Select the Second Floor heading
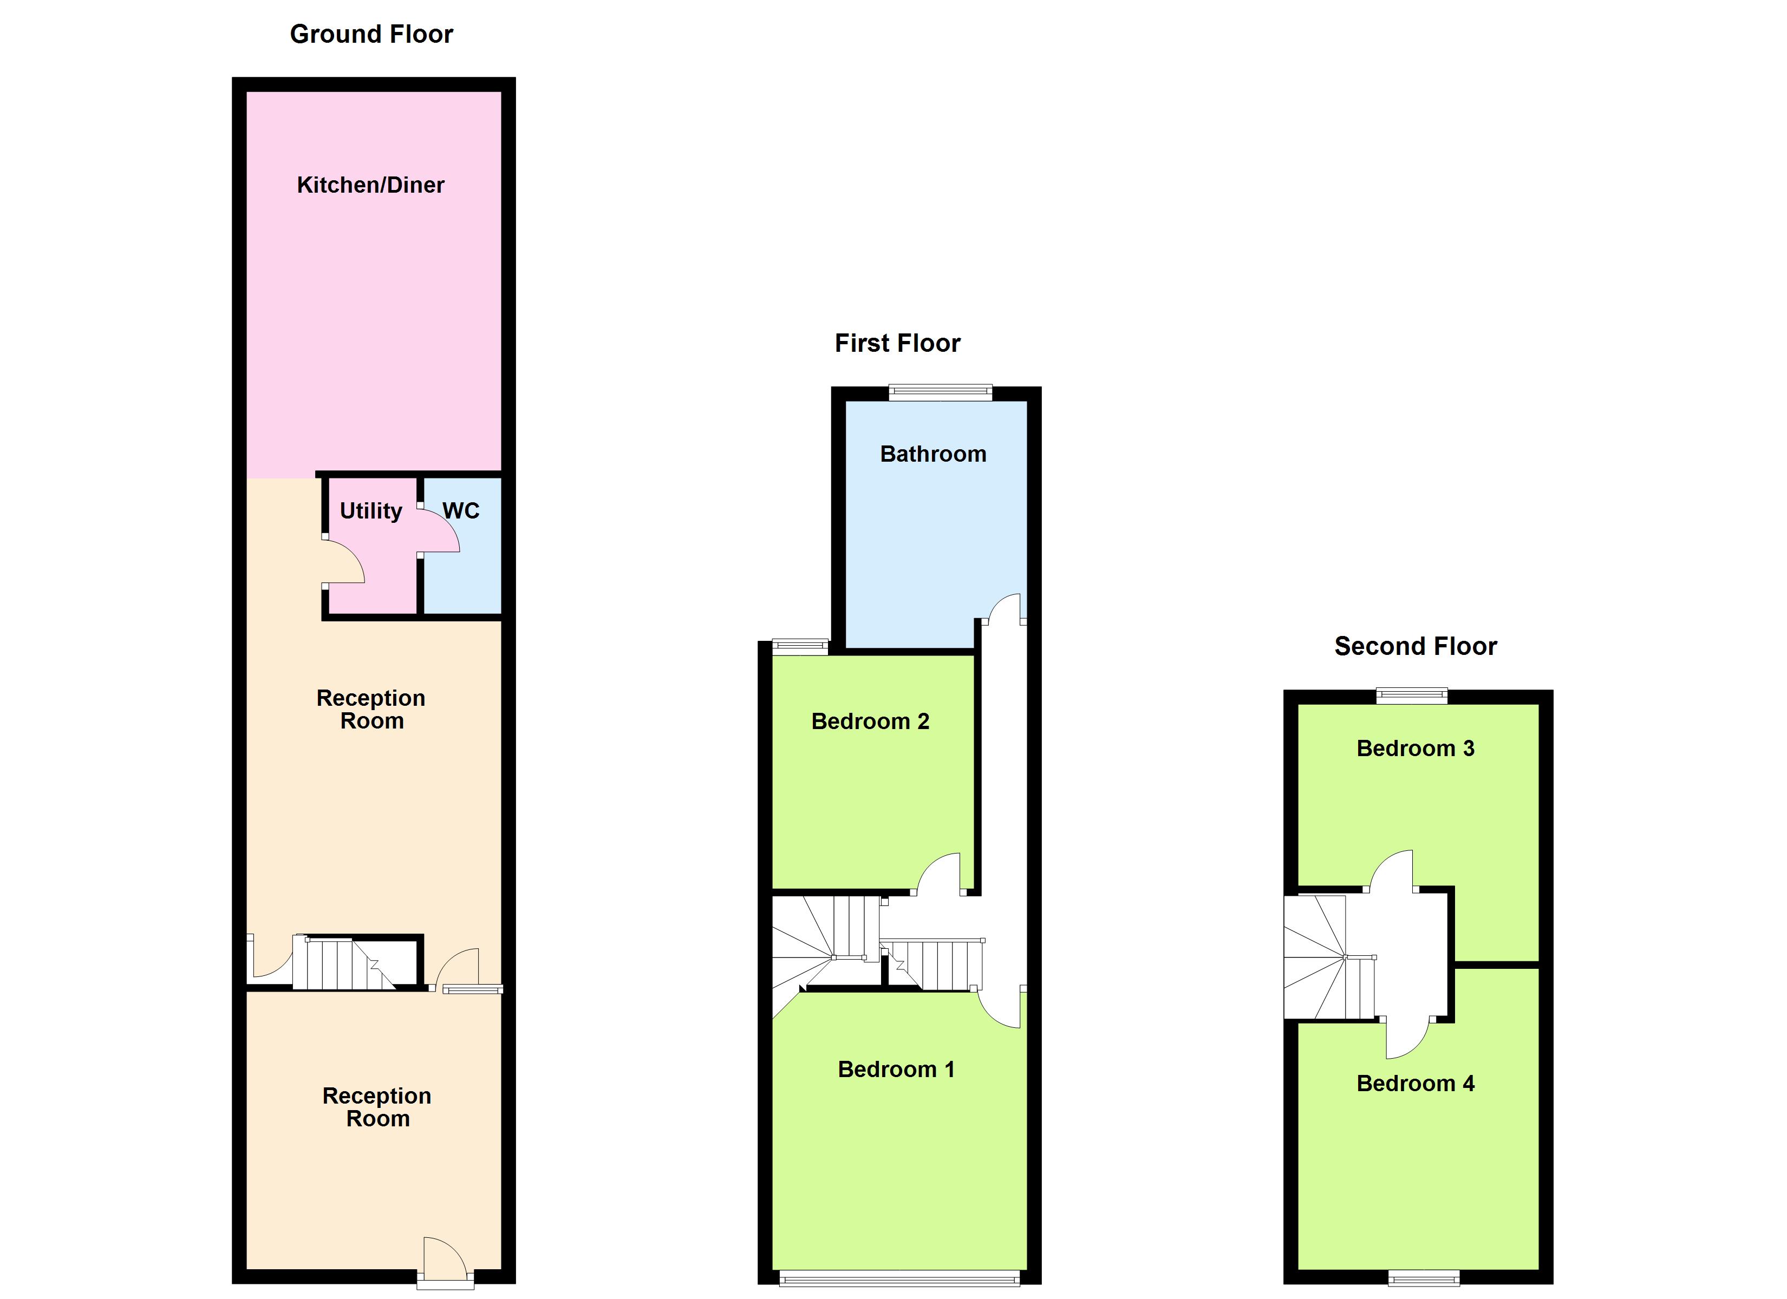coord(1415,646)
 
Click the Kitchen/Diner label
coord(370,185)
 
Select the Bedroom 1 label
coord(896,1069)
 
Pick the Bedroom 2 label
coord(870,721)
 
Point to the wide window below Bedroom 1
coord(899,1280)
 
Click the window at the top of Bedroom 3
coord(1411,695)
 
